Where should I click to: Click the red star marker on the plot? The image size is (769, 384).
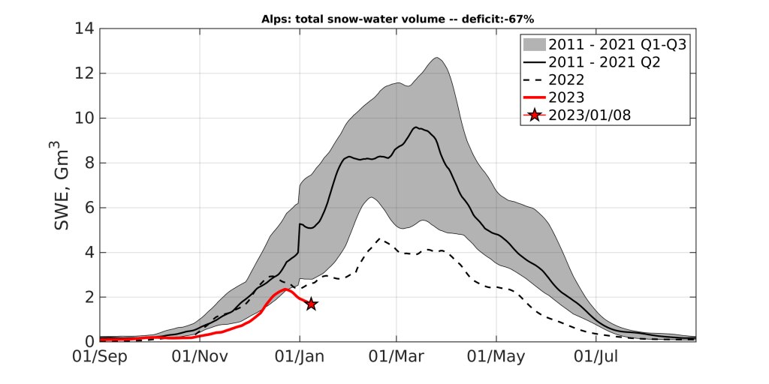(x=311, y=304)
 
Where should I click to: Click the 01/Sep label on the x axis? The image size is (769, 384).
(x=99, y=357)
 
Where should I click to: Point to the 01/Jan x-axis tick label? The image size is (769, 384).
(x=300, y=357)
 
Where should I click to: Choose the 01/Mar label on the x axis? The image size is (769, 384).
(x=397, y=357)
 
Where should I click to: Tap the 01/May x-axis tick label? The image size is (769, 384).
(x=496, y=357)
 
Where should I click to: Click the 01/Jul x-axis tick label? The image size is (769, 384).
(x=596, y=357)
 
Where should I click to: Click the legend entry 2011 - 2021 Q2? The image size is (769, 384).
(x=604, y=63)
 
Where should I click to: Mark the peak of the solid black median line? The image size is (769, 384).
(x=416, y=127)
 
